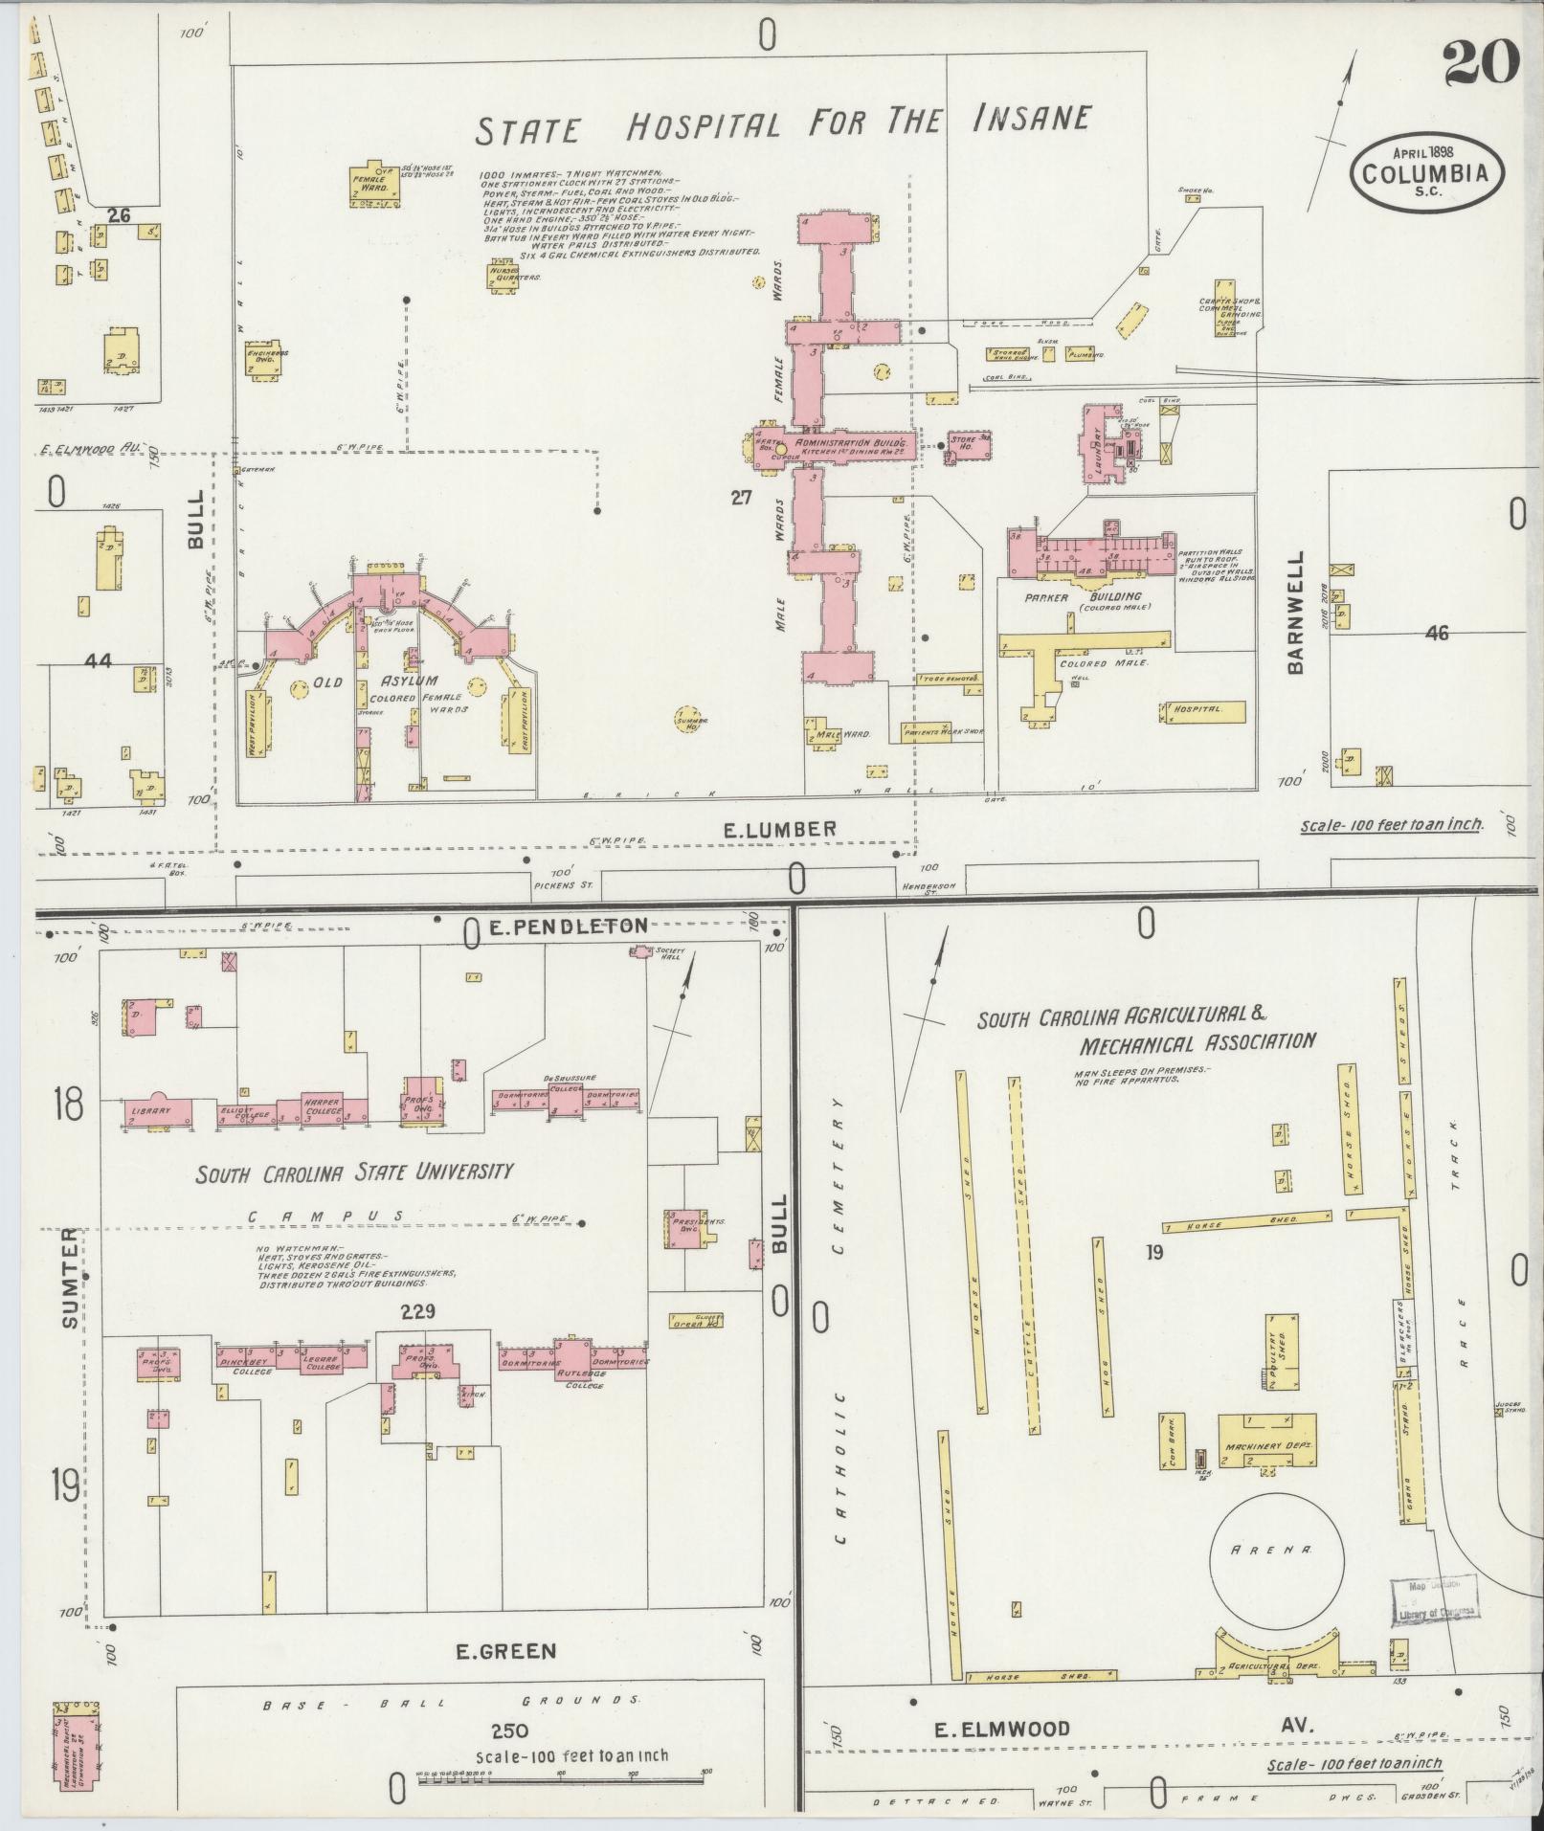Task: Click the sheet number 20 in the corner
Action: click(1480, 64)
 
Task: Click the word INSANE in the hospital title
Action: click(1031, 119)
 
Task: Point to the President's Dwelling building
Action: click(685, 1227)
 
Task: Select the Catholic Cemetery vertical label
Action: click(840, 1321)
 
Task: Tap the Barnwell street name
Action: click(1297, 612)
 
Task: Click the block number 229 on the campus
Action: click(418, 1311)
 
